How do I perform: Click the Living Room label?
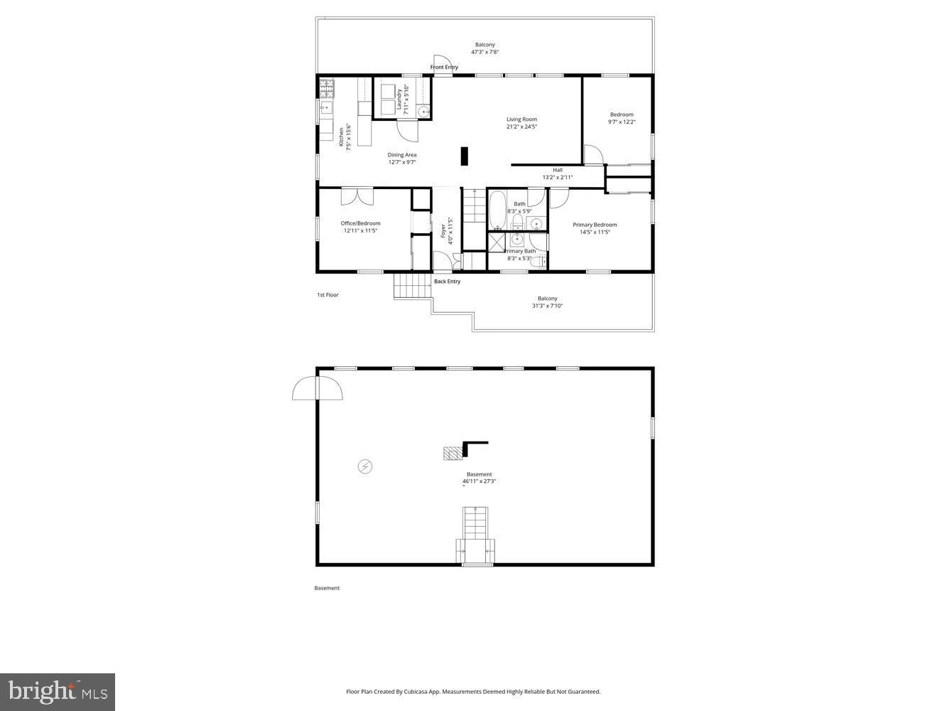(521, 119)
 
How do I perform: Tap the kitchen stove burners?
(327, 88)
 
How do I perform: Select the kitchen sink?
(326, 108)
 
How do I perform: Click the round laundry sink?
(423, 111)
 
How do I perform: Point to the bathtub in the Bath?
(497, 209)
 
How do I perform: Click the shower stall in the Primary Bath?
(496, 242)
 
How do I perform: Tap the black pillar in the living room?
(465, 156)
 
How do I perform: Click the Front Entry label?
(444, 68)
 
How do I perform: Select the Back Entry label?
(447, 282)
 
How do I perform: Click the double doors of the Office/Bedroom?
(357, 196)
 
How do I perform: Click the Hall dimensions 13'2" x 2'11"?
(558, 178)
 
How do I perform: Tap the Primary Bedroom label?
(595, 225)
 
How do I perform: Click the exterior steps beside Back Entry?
(413, 286)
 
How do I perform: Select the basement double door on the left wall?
(317, 388)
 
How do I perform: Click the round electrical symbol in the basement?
(365, 466)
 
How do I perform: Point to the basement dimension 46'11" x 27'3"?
(480, 481)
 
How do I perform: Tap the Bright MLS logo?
(58, 692)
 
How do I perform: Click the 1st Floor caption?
(328, 294)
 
